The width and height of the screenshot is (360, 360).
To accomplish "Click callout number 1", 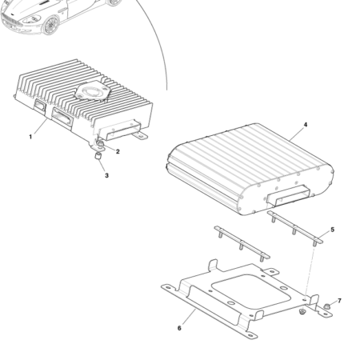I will [30, 137].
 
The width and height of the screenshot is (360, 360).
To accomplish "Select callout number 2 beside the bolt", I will [118, 151].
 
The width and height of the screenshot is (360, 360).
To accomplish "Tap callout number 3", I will [106, 175].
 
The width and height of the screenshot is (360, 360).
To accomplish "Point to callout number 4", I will [305, 126].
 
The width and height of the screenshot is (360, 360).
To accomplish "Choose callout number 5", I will [332, 230].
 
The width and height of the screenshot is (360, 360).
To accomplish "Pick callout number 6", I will [179, 328].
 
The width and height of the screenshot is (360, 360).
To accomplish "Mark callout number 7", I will [338, 301].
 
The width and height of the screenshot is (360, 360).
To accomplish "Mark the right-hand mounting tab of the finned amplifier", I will [142, 135].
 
